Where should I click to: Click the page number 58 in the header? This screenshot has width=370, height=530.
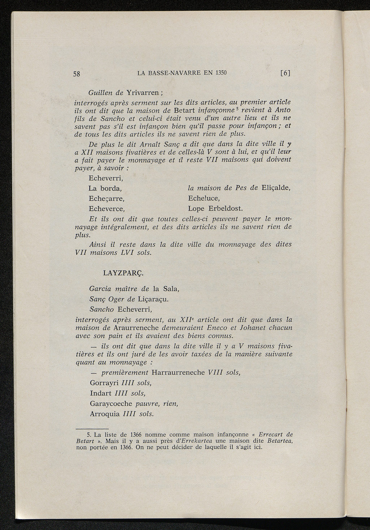click(x=77, y=74)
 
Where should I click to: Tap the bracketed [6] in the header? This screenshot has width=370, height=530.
click(x=285, y=73)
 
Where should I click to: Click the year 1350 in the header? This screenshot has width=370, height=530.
click(x=221, y=73)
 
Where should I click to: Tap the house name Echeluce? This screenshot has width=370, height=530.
click(x=204, y=199)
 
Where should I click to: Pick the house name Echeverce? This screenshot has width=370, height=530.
click(x=107, y=209)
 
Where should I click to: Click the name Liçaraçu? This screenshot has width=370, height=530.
click(x=153, y=299)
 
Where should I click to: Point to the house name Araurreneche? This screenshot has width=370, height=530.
click(x=136, y=328)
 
